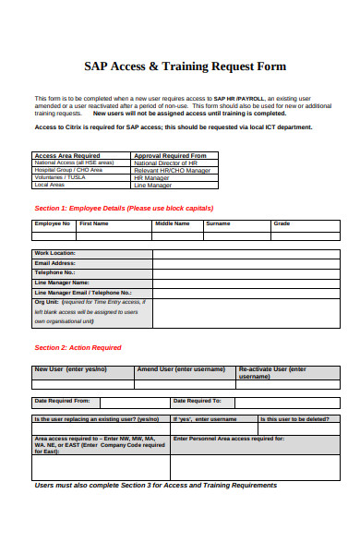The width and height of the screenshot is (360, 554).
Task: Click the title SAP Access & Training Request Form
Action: [x=186, y=66]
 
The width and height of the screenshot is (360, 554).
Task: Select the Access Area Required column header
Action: [x=67, y=155]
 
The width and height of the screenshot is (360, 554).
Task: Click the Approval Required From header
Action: [x=170, y=155]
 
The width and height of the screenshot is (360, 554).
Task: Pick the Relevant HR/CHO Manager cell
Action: [x=172, y=170]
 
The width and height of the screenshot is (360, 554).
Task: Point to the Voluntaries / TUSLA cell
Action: [x=59, y=177]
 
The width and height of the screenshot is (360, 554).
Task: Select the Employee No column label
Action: [x=53, y=223]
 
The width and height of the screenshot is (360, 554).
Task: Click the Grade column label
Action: [x=282, y=223]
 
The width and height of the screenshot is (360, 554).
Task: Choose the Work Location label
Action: [x=55, y=253]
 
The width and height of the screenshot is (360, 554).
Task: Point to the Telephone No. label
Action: [x=54, y=272]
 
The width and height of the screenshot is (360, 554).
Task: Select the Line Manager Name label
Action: [x=62, y=283]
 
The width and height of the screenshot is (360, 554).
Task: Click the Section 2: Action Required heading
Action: [x=78, y=347]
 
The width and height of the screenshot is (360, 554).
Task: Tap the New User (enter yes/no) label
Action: [x=71, y=368]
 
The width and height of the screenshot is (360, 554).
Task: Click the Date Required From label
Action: [x=62, y=401]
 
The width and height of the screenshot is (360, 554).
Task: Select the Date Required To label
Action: [x=198, y=401]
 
